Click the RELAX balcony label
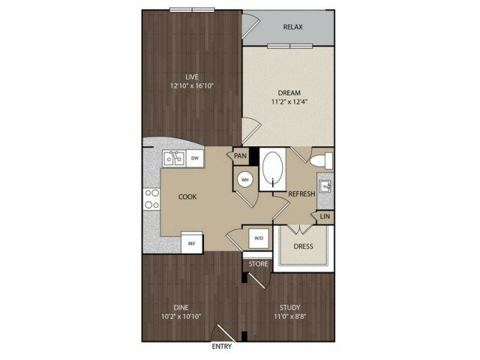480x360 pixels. (x=292, y=27)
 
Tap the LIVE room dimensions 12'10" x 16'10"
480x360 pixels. (x=192, y=85)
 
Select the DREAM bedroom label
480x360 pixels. (x=289, y=93)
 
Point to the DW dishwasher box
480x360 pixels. (x=195, y=158)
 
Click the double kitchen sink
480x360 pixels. (x=174, y=158)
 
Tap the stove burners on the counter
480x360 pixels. (x=151, y=199)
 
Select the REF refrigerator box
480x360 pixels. (x=192, y=243)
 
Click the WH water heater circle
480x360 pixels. (x=245, y=180)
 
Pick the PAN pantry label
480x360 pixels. (x=240, y=156)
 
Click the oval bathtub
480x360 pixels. (x=272, y=169)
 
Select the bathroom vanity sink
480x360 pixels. (x=325, y=186)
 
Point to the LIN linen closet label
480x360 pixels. (x=325, y=217)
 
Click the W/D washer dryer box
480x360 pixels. (x=259, y=238)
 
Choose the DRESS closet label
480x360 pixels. (x=303, y=247)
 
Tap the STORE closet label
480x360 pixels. (x=258, y=264)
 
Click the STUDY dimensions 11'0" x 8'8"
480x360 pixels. (x=290, y=316)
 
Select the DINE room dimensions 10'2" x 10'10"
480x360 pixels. (x=181, y=316)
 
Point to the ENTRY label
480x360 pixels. (x=222, y=346)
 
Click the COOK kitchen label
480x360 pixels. (x=187, y=196)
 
